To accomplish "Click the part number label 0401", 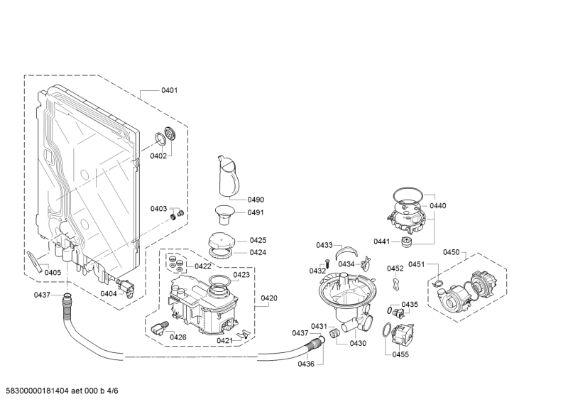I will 169,90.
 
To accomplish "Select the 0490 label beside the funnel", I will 256,200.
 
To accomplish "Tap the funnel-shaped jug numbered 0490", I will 228,175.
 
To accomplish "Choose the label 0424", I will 258,251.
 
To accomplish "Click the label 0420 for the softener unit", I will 269,298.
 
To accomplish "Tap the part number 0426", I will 177,337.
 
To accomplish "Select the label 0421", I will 224,341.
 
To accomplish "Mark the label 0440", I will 438,205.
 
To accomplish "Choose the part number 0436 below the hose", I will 306,364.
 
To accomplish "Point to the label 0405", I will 53,272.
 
